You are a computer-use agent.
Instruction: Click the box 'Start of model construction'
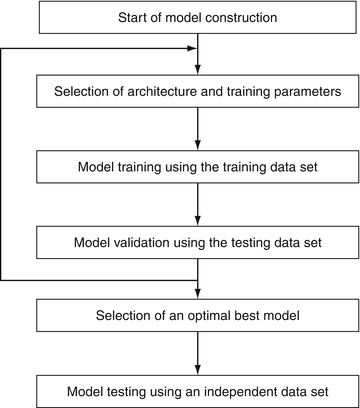click(x=199, y=18)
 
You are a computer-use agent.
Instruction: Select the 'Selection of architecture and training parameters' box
click(x=199, y=92)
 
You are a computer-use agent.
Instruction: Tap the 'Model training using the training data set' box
click(x=199, y=166)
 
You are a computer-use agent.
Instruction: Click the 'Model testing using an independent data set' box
click(x=199, y=389)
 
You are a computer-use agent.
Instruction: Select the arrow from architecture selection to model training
click(x=199, y=129)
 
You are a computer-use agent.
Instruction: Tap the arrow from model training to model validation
click(x=199, y=203)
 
